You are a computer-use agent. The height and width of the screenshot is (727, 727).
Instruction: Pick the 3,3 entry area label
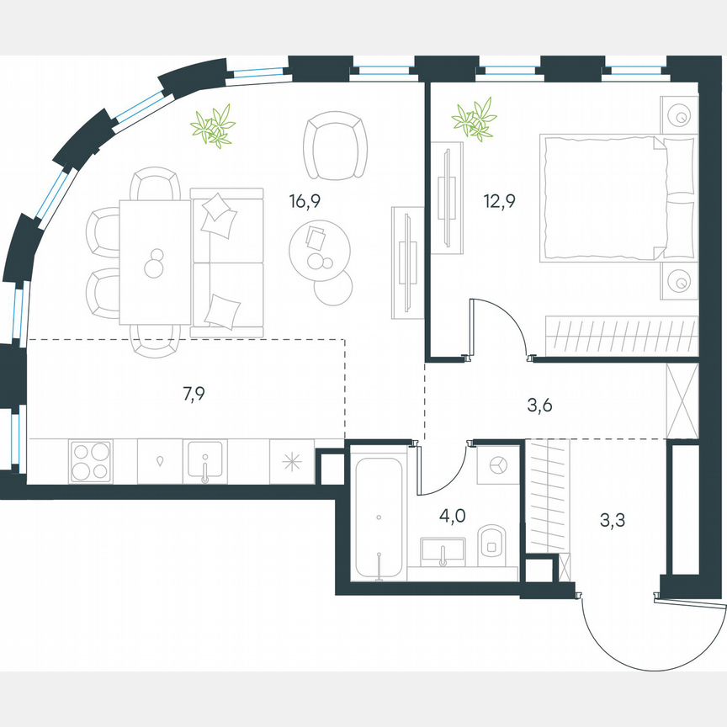(x=612, y=521)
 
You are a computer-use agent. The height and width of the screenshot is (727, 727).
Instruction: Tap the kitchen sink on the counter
(x=204, y=462)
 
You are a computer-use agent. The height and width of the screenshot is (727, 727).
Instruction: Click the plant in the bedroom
(x=474, y=119)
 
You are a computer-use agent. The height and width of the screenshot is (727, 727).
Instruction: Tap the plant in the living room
(x=212, y=127)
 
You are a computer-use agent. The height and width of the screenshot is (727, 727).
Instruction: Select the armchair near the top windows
(x=337, y=144)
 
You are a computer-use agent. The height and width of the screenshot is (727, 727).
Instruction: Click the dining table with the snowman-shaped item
(x=154, y=261)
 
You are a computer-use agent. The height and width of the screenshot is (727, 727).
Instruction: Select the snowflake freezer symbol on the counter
(x=291, y=462)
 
